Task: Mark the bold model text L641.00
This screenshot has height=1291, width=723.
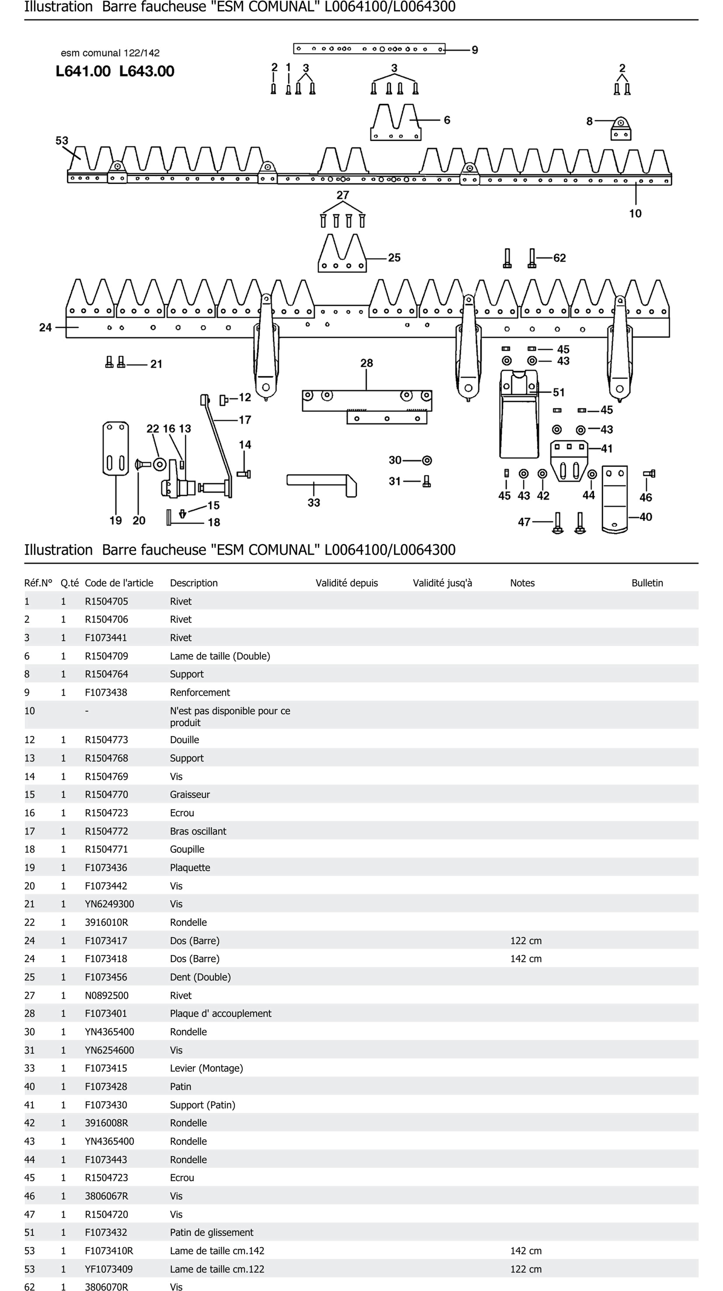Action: tap(83, 71)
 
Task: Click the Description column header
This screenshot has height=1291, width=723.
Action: tap(194, 583)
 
